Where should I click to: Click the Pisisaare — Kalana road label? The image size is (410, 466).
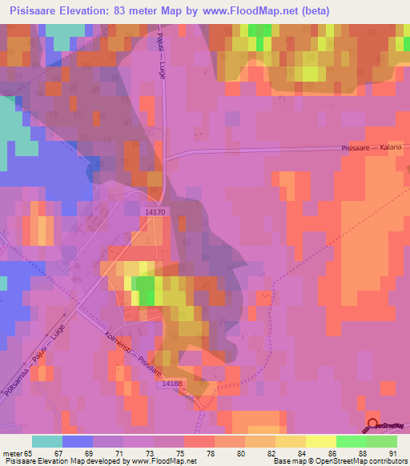coord(372,148)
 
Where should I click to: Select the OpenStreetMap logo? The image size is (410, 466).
coord(385,425)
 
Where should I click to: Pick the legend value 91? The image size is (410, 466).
coord(392,454)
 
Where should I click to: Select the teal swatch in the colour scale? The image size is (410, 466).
coord(47,441)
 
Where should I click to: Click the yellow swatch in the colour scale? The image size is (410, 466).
coord(320,441)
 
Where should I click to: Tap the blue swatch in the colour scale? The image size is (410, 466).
coord(78,441)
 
